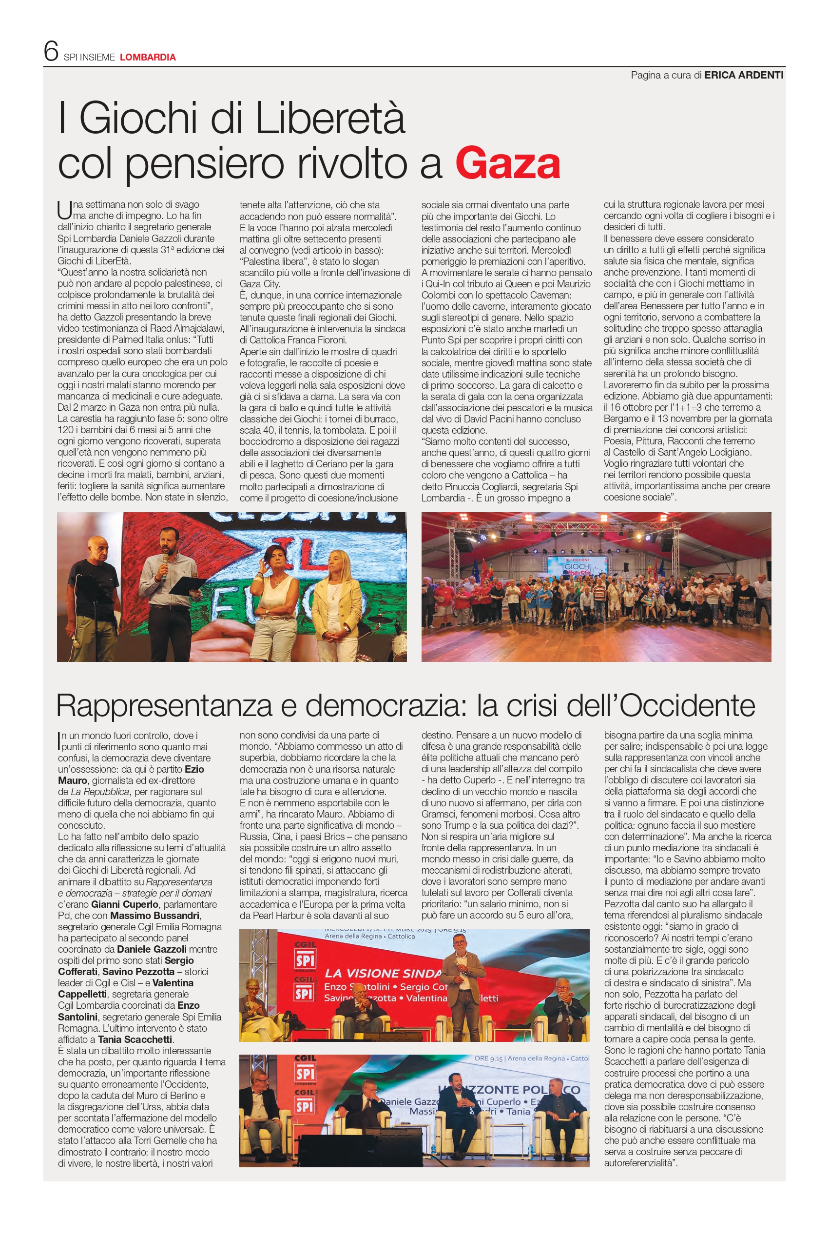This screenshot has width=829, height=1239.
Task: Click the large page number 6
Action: pyautogui.click(x=51, y=51)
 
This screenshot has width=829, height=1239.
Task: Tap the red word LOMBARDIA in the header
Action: pyautogui.click(x=148, y=57)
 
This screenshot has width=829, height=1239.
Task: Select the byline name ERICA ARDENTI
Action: pyautogui.click(x=743, y=75)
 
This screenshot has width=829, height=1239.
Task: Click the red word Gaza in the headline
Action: pyautogui.click(x=507, y=164)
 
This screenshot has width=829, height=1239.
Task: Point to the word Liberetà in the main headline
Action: pyautogui.click(x=330, y=119)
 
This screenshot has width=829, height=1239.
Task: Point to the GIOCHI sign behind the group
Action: pyautogui.click(x=578, y=566)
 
